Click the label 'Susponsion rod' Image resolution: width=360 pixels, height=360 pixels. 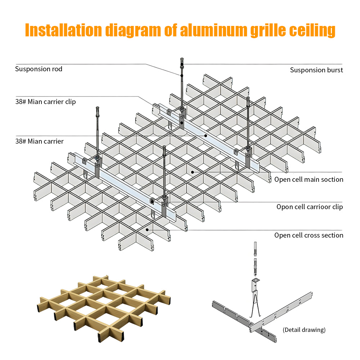[x=39, y=69]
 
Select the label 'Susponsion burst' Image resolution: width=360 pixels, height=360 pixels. [x=316, y=70]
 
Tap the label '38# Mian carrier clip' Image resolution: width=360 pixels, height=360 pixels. [x=45, y=102]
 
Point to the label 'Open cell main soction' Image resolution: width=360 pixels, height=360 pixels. [x=309, y=179]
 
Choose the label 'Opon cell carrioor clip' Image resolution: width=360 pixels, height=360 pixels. [x=310, y=207]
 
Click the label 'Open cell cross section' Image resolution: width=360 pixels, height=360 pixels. [x=309, y=235]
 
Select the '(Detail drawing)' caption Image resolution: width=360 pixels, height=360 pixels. [x=304, y=329]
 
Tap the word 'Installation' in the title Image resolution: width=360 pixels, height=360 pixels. [x=63, y=30]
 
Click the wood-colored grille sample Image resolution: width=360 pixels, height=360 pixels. [x=104, y=306]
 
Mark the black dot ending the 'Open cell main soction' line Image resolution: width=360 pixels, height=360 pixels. [x=193, y=172]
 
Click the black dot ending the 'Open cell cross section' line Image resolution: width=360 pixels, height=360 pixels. [x=147, y=229]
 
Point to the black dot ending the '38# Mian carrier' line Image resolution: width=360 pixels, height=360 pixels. [x=206, y=136]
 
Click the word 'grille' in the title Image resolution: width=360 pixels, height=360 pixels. [x=267, y=30]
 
